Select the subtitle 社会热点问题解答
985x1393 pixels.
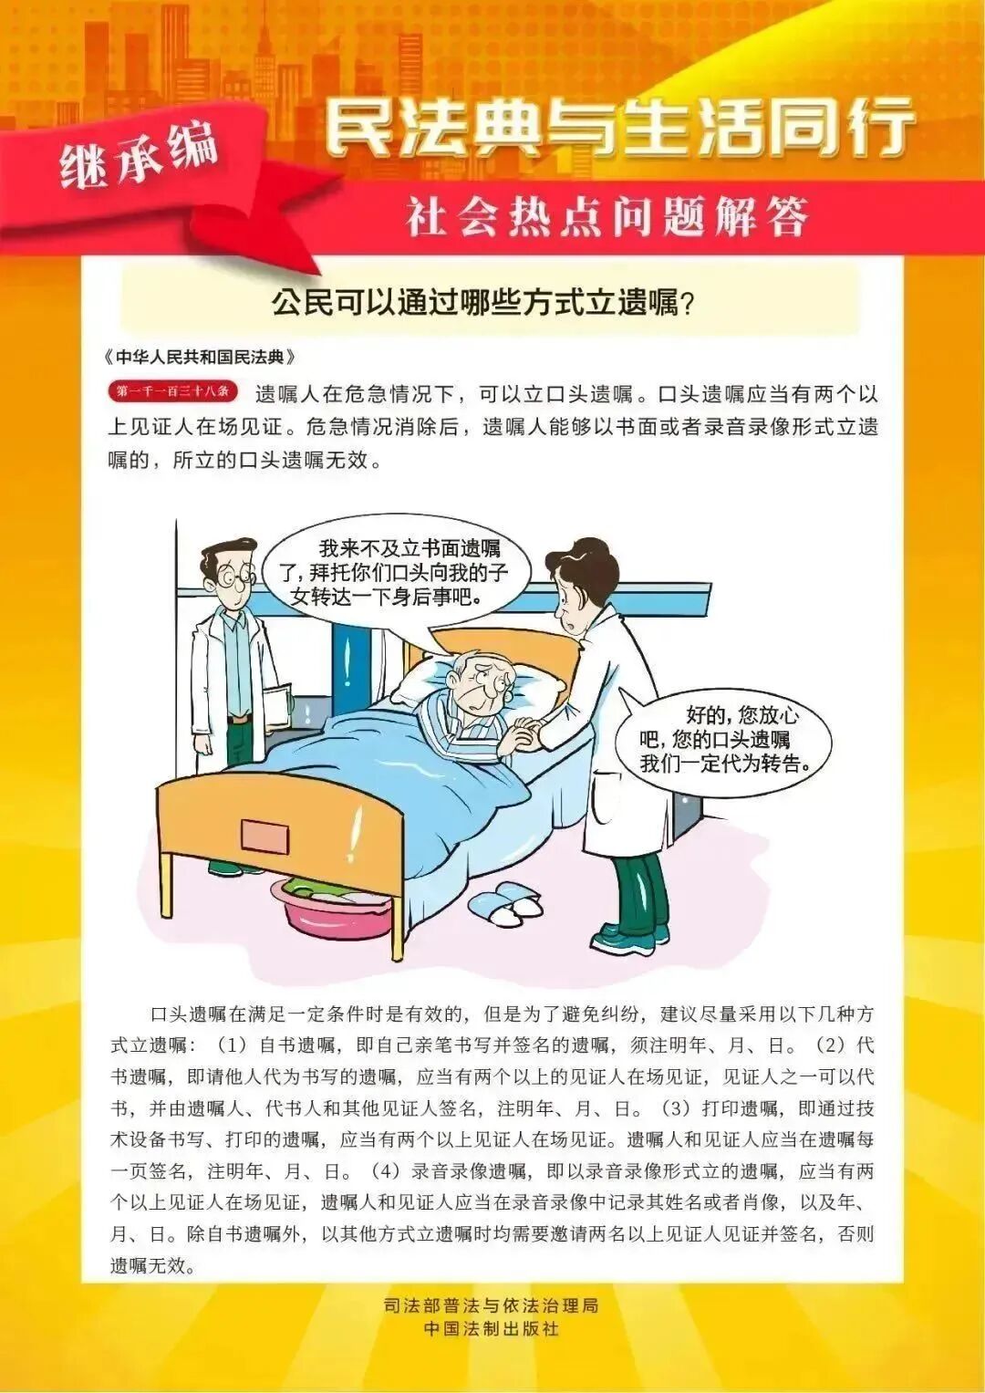click(x=607, y=218)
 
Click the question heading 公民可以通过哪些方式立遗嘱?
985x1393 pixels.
click(x=483, y=302)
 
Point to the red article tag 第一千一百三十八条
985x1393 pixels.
click(x=172, y=393)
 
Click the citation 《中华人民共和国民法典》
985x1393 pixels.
click(x=201, y=356)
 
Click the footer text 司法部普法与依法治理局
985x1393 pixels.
click(x=492, y=1305)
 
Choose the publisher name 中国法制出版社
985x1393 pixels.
click(x=492, y=1329)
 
